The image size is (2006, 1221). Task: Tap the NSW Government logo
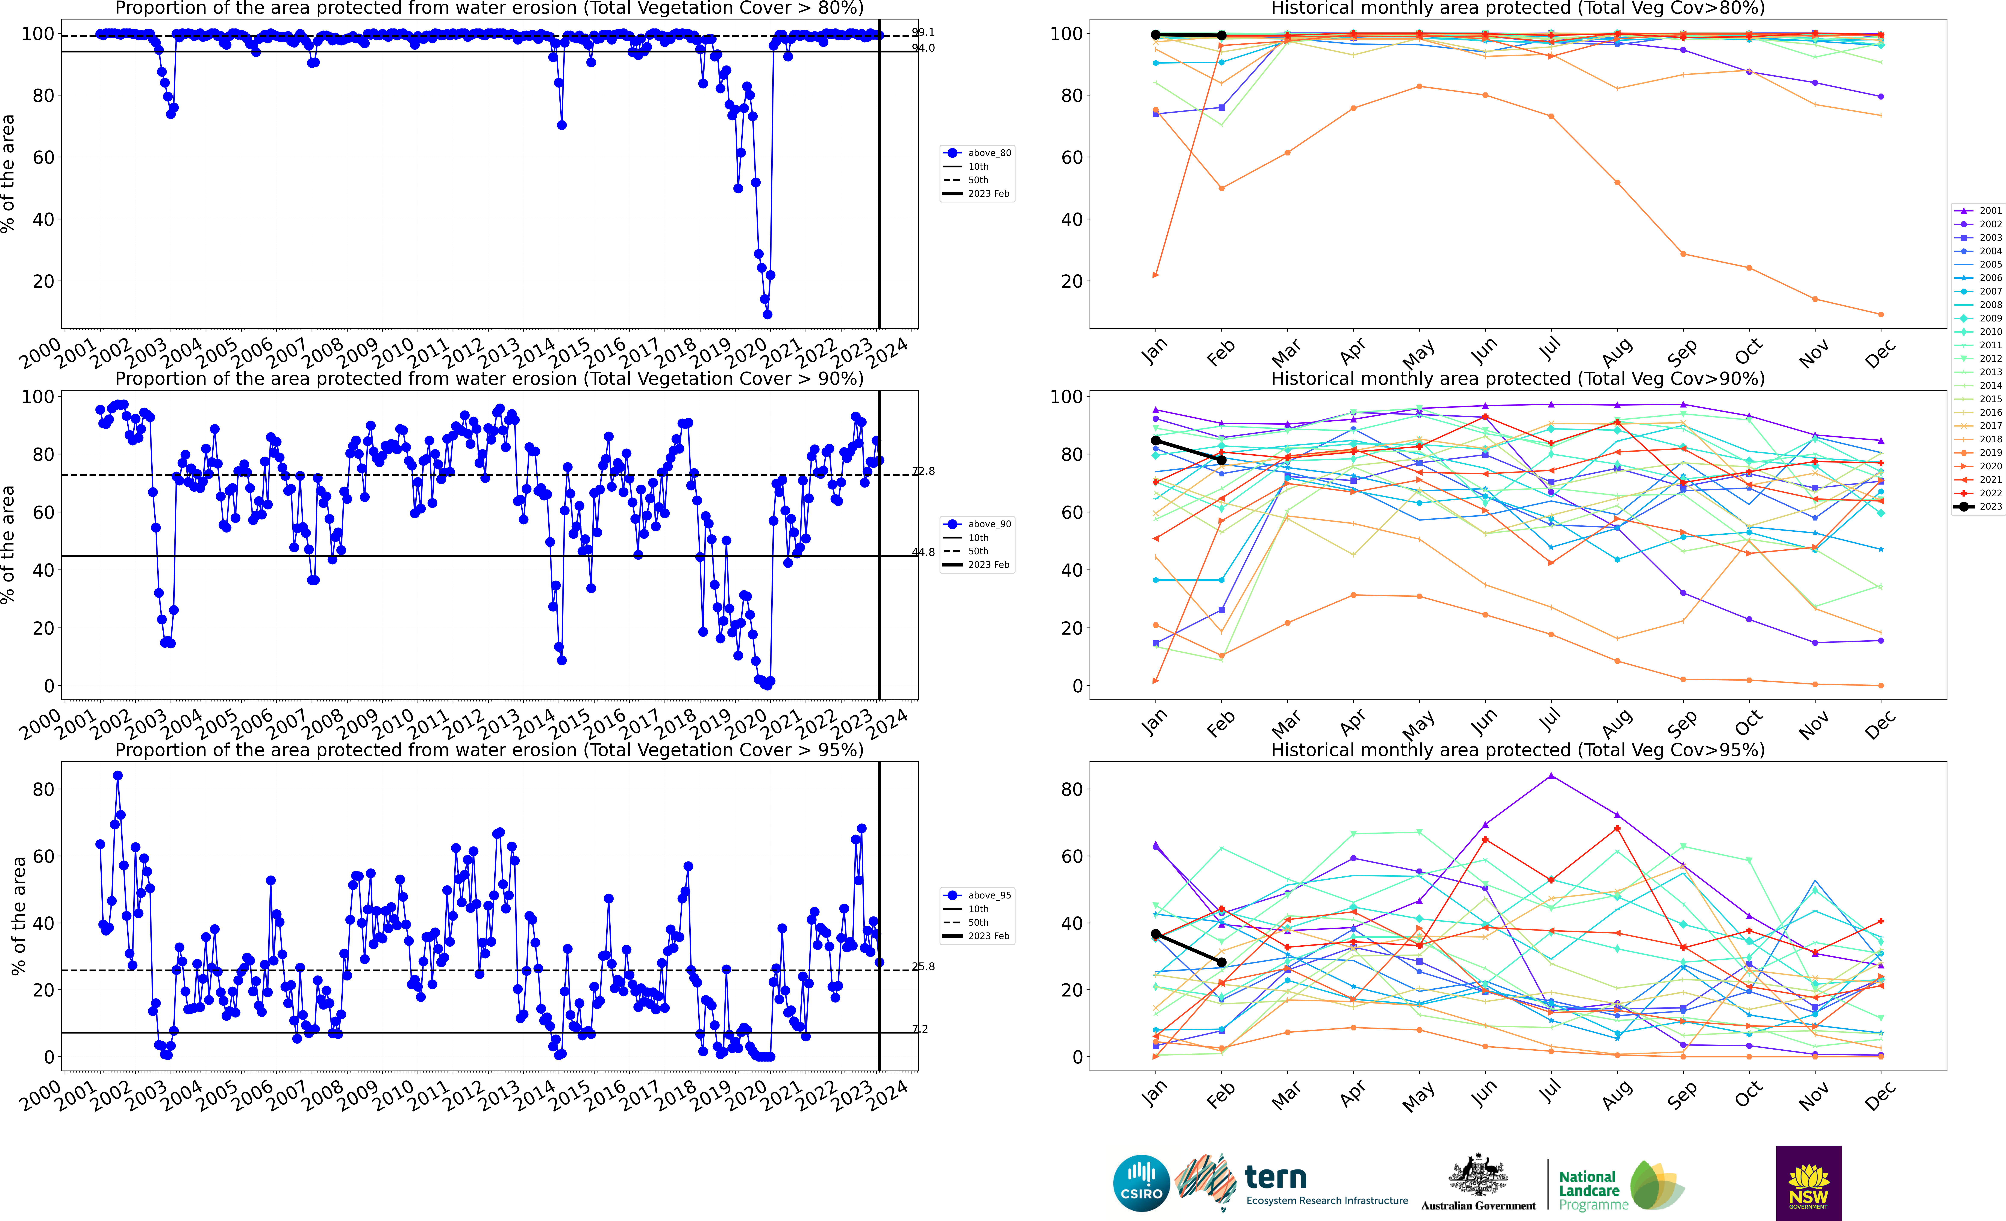pos(1808,1183)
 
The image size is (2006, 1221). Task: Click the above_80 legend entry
pos(978,153)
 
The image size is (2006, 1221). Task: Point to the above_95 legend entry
pos(978,895)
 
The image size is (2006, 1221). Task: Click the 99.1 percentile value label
pos(923,33)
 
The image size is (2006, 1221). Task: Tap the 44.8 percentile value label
pos(923,552)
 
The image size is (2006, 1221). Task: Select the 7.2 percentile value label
pos(920,1029)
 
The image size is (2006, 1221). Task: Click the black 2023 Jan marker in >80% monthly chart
pos(1155,35)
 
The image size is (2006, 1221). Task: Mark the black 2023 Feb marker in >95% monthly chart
pos(1221,962)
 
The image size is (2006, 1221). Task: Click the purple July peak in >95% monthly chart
pos(1551,776)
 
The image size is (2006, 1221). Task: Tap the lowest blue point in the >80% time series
pos(767,314)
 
